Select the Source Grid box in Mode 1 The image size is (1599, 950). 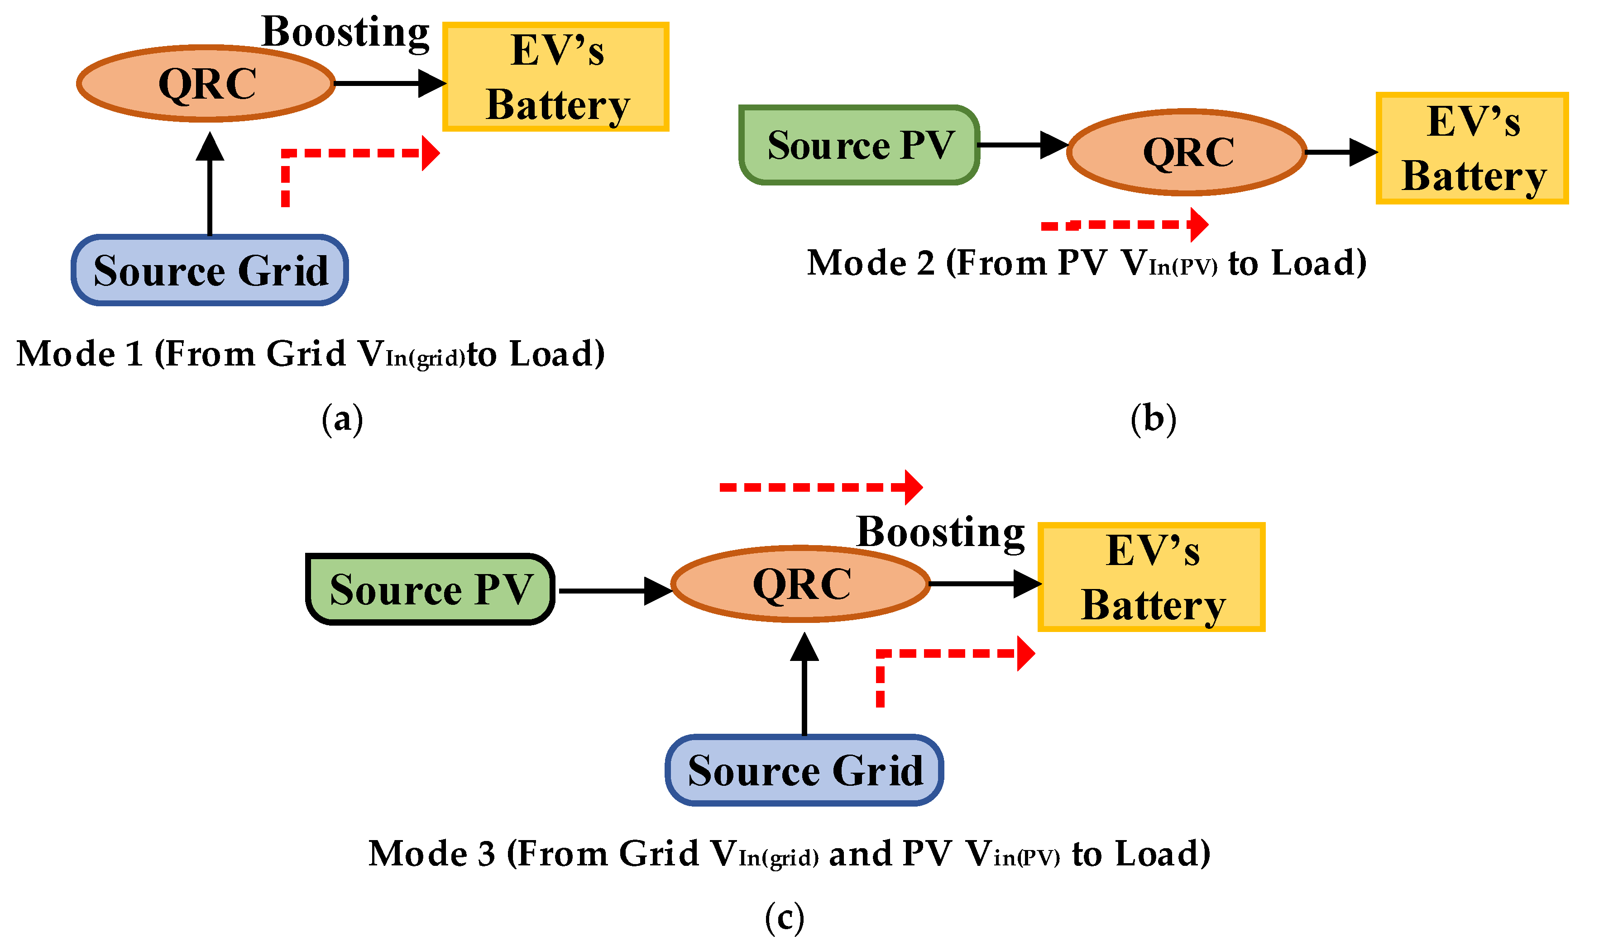click(x=210, y=270)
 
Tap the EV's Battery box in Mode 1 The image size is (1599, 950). click(x=555, y=77)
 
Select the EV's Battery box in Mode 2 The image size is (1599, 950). click(x=1471, y=148)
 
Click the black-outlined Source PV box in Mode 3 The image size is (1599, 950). click(x=430, y=589)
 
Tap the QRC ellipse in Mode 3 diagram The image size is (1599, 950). click(x=801, y=584)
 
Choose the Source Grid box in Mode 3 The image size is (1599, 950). click(x=804, y=770)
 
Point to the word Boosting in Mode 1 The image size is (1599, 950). click(x=345, y=32)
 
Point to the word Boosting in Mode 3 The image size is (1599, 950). click(x=940, y=532)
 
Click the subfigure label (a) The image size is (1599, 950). click(x=342, y=419)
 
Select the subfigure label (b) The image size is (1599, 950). click(x=1153, y=419)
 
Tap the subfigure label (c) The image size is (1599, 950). click(x=784, y=918)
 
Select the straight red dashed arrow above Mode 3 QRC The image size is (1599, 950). click(x=820, y=487)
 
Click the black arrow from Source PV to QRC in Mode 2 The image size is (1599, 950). click(x=1022, y=145)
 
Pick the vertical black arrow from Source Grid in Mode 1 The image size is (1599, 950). click(x=210, y=185)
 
